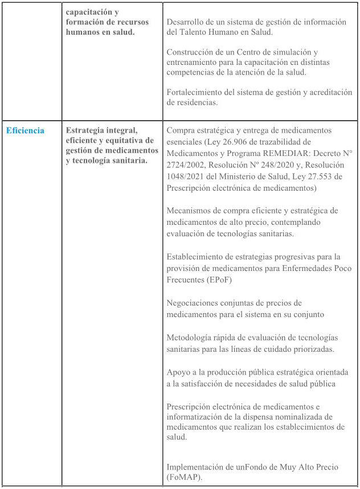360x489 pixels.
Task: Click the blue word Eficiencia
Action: coord(25,130)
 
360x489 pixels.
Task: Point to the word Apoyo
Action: coord(179,372)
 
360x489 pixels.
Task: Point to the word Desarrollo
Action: coord(187,22)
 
